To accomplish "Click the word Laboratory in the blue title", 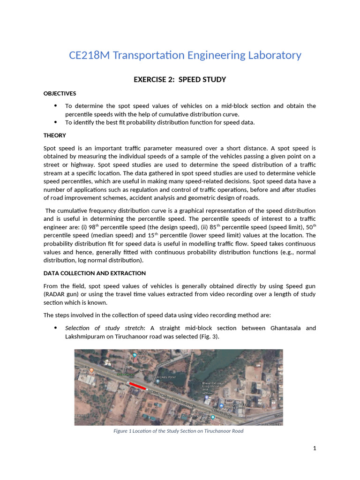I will point(272,55).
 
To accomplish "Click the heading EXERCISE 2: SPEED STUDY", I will point(180,80).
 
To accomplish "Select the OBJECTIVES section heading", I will point(60,93).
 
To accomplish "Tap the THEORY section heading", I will point(55,135).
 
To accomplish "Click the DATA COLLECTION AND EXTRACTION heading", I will point(95,273).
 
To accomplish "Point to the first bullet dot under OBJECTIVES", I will point(56,106).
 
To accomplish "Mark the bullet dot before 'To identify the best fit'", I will point(56,122).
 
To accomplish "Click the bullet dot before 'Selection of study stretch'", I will point(56,328).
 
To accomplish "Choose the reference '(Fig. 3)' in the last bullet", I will point(209,336).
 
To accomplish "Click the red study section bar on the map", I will point(138,385).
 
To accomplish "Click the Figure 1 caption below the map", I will point(179,431).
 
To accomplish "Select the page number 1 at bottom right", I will point(315,449).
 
